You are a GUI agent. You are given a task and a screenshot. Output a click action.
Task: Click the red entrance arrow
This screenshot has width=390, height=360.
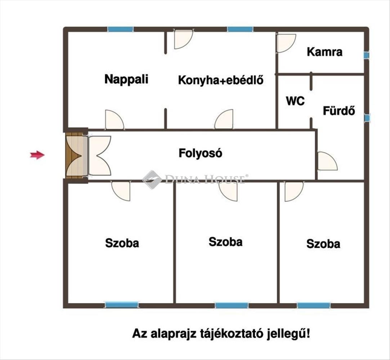coord(37,155)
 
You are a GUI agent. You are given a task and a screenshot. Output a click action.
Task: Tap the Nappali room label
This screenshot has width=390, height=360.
coord(126,79)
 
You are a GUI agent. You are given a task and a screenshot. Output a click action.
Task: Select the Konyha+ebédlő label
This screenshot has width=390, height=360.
coord(221,80)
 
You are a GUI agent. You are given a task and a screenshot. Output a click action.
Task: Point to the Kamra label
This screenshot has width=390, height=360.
coord(324,52)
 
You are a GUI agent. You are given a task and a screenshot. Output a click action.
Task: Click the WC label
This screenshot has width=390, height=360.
coord(295,101)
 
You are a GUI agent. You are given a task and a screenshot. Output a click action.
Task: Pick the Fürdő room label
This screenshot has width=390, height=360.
coord(339,111)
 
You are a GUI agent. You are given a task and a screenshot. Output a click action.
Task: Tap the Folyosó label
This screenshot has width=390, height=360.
coord(201,153)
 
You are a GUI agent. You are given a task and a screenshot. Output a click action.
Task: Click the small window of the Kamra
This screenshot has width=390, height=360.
coord(366,55)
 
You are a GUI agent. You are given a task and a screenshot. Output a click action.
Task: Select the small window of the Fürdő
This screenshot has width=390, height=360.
coord(367,118)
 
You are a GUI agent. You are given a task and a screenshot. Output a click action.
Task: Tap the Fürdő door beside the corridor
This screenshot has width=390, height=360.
coord(326,161)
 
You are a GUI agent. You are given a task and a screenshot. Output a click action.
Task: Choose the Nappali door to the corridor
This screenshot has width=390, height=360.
coord(114,120)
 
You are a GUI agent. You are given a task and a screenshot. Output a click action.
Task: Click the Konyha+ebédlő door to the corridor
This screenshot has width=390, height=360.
coord(224,120)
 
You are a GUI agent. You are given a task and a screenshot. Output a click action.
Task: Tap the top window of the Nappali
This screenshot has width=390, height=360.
coord(120,29)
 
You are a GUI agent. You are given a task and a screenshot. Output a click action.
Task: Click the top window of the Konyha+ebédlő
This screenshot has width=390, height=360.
coord(240,29)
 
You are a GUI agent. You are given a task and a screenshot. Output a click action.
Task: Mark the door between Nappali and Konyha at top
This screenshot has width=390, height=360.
coord(183,39)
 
